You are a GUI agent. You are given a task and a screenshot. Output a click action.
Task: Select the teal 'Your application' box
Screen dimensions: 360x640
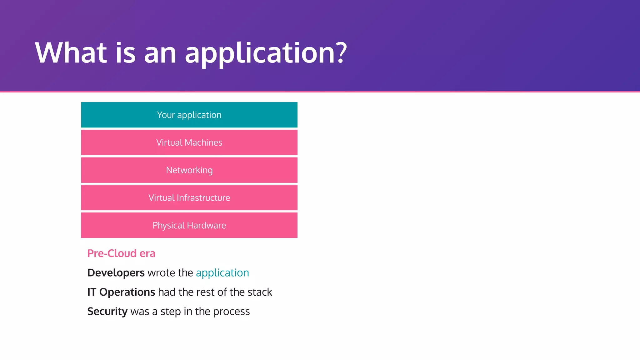pos(189,115)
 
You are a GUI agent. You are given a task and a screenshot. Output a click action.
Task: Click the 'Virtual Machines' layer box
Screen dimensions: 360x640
pos(189,142)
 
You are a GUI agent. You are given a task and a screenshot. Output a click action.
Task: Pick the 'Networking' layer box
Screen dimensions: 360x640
pos(189,170)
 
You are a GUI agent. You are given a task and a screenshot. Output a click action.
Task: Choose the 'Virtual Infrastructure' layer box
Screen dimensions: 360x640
pos(189,197)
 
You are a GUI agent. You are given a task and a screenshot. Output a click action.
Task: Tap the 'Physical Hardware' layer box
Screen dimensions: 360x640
pos(189,225)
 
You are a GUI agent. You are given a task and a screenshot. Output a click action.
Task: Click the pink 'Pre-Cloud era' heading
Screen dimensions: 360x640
pos(121,253)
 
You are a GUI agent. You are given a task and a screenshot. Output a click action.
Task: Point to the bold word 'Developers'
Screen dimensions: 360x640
pos(116,273)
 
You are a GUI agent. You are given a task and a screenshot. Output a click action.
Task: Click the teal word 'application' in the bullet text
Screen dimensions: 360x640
pos(222,273)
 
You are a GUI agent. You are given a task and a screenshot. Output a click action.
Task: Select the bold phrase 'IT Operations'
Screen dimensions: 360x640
pos(121,292)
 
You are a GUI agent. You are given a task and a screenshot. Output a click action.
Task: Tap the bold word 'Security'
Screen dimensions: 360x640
pos(107,312)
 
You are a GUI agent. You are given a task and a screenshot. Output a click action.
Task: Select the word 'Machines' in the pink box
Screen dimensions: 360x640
pos(203,142)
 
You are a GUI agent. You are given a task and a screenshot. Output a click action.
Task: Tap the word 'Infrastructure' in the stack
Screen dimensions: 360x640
pos(203,197)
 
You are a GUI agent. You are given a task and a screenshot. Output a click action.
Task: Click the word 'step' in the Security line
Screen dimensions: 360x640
pos(171,312)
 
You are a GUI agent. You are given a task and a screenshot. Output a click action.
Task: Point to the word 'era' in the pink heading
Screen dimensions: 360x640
pos(147,253)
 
